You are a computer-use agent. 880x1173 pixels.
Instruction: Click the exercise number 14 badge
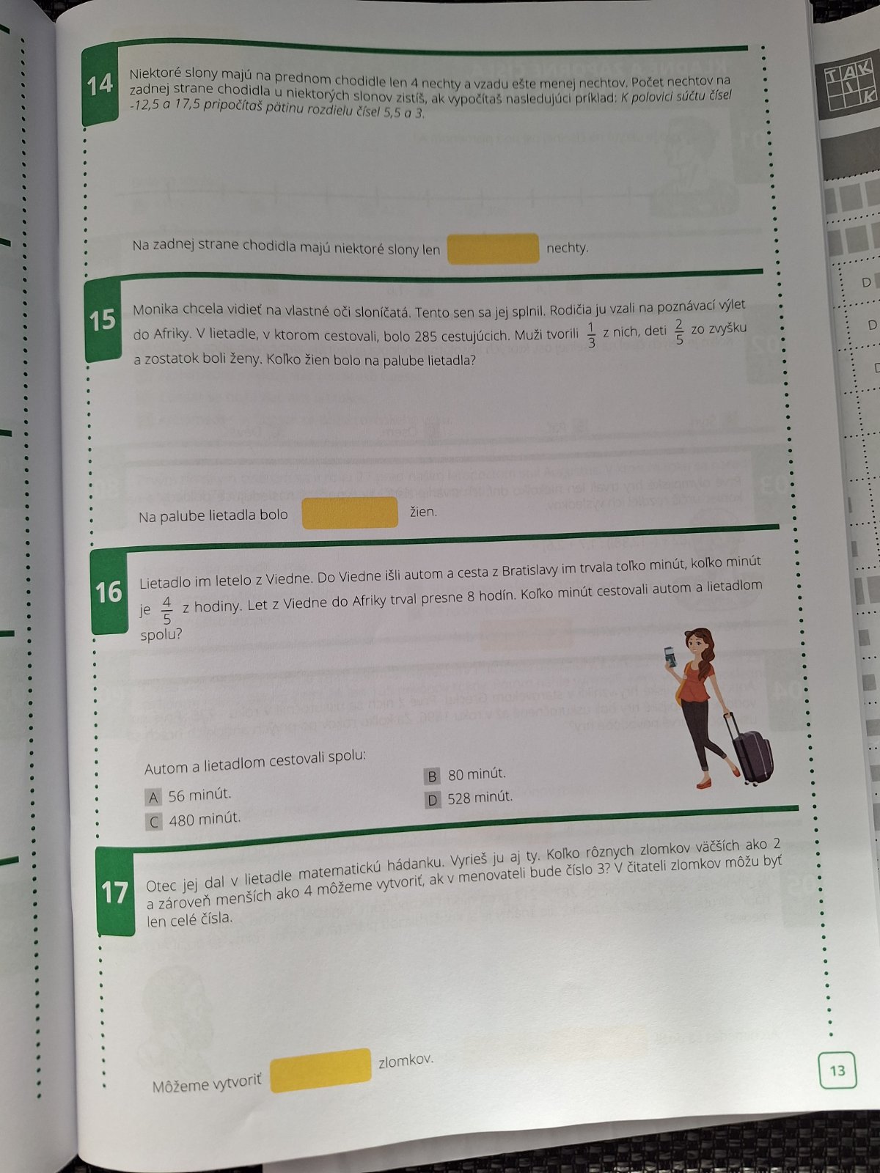pyautogui.click(x=100, y=85)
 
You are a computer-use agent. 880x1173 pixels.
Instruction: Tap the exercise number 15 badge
pyautogui.click(x=103, y=320)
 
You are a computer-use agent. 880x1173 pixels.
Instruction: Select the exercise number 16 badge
pyautogui.click(x=109, y=592)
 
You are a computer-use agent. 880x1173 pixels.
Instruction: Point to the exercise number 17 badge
pyautogui.click(x=114, y=892)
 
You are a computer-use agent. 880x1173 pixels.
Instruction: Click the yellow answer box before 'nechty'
pyautogui.click(x=493, y=249)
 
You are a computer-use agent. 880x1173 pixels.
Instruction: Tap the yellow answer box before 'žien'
pyautogui.click(x=350, y=513)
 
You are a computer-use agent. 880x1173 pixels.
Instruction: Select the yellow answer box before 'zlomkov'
pyautogui.click(x=320, y=1070)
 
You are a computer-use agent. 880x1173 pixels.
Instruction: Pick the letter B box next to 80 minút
pyautogui.click(x=432, y=776)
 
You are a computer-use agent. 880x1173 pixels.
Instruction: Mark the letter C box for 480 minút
pyautogui.click(x=154, y=822)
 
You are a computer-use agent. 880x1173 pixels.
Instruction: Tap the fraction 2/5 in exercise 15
pyautogui.click(x=679, y=332)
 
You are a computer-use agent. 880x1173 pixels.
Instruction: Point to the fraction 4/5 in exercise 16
pyautogui.click(x=166, y=610)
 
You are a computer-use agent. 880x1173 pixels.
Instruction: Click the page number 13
pyautogui.click(x=837, y=1071)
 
